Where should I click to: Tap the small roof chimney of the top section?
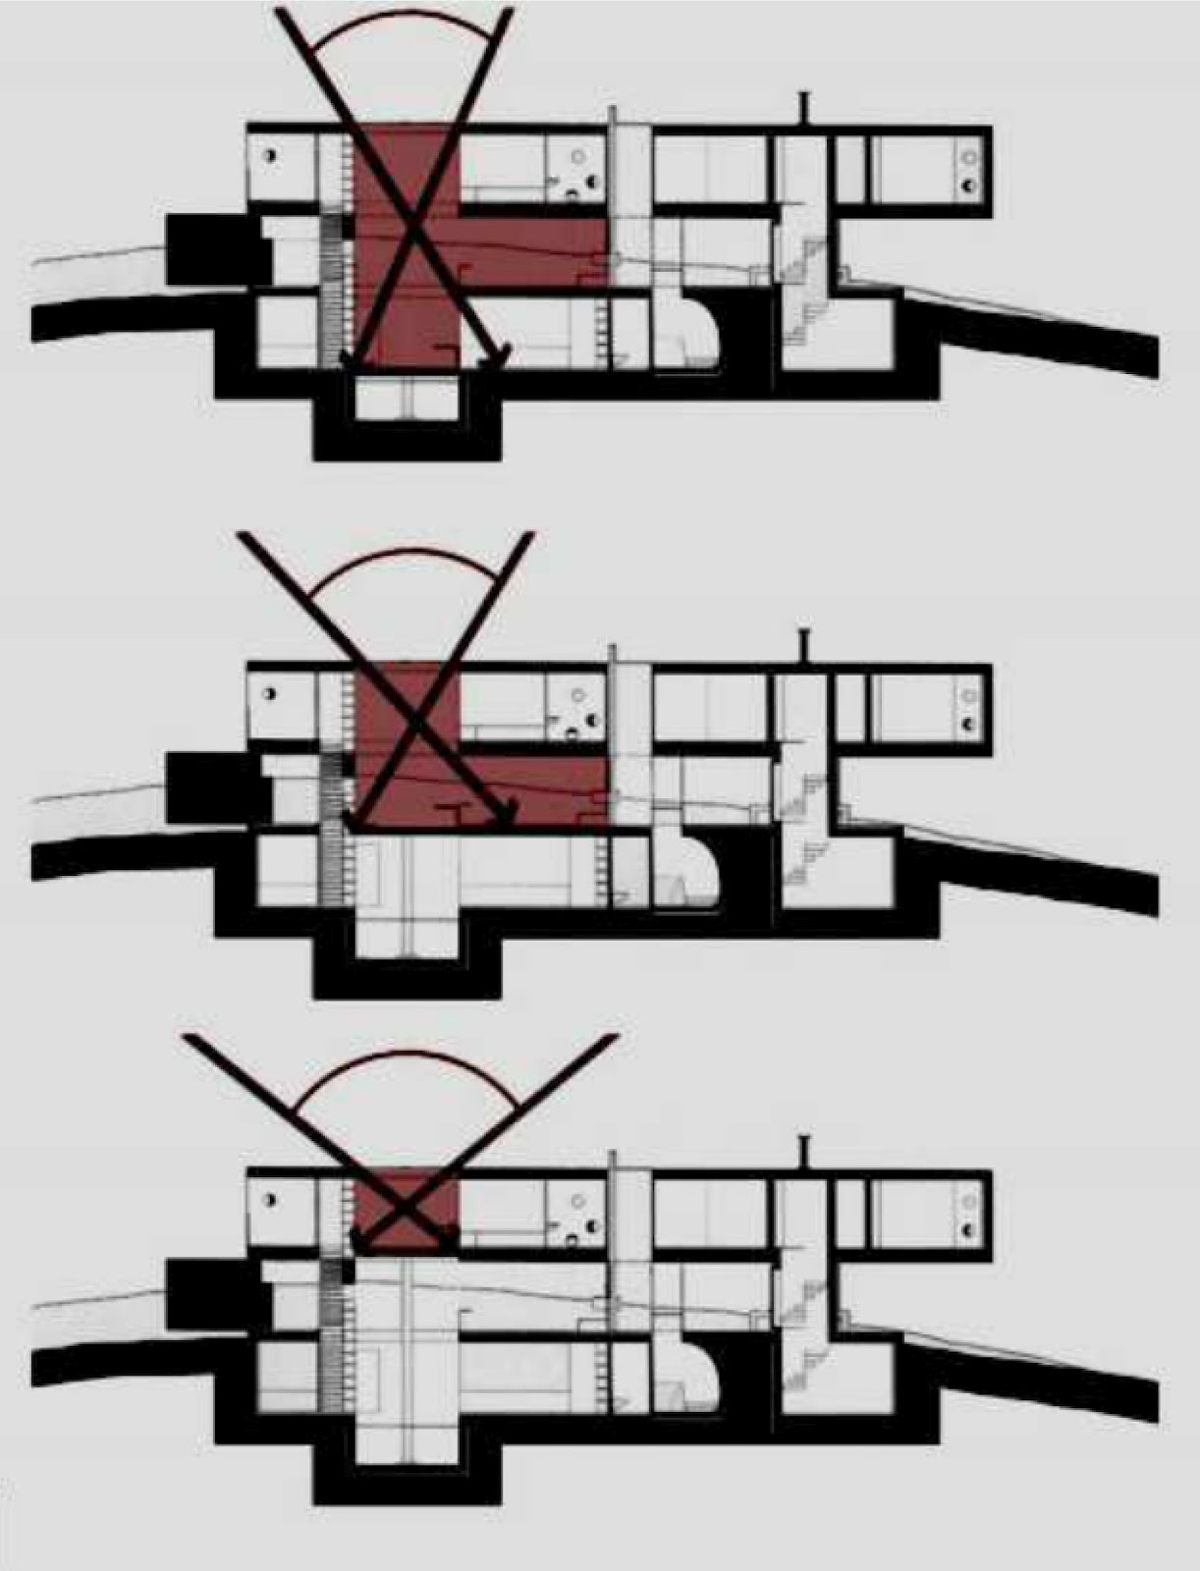804,108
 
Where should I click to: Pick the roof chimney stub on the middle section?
804,646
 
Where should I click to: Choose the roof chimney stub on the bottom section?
804,1152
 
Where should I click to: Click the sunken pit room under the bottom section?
407,1443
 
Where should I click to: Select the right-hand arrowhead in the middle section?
507,815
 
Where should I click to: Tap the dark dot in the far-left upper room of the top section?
270,155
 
